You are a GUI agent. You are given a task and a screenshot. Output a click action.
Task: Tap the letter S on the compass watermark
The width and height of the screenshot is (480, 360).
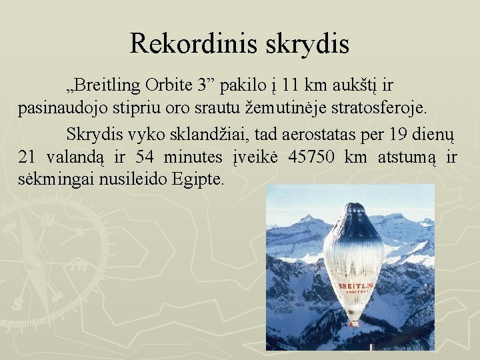19,303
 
